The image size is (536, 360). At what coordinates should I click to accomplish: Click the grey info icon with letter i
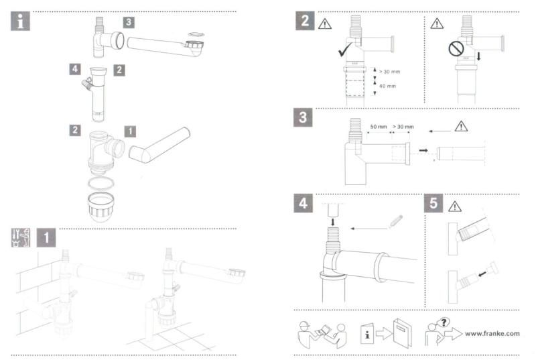pos(24,21)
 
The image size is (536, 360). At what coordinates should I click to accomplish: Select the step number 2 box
pos(305,21)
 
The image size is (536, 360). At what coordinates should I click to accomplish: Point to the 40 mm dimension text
pos(387,86)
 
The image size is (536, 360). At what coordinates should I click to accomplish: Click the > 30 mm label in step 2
pos(389,70)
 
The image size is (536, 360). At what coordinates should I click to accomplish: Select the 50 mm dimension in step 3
pos(379,126)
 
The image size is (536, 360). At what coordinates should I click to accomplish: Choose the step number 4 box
pos(305,203)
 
